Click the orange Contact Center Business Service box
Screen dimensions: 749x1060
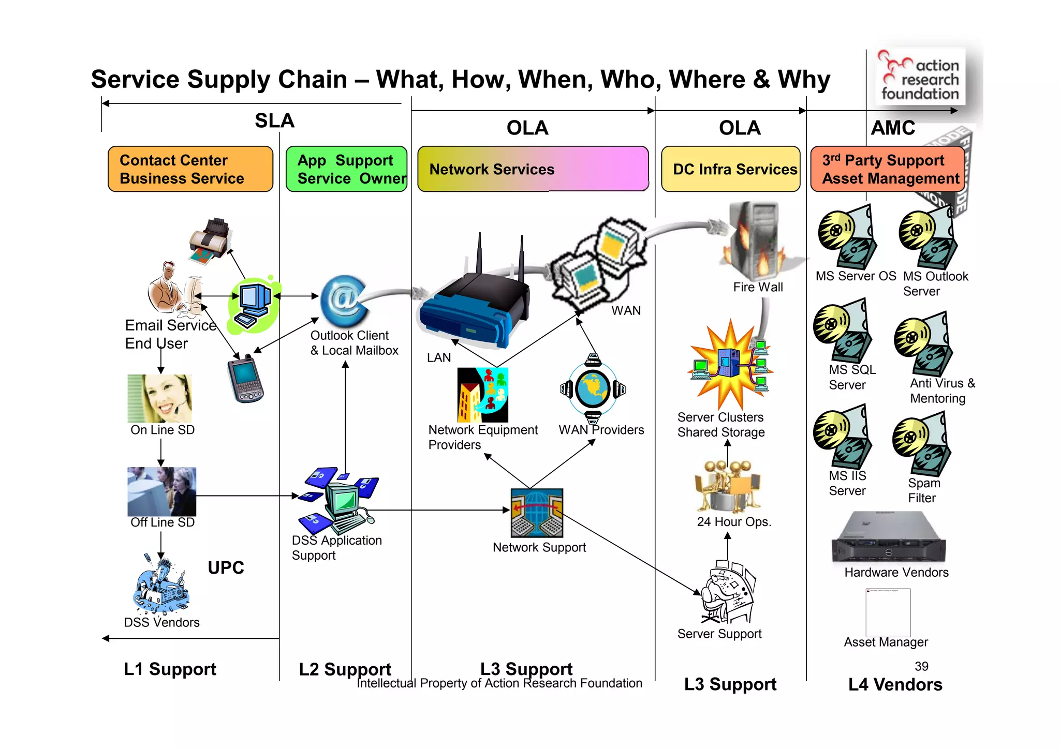pyautogui.click(x=190, y=169)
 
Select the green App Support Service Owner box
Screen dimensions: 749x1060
pyautogui.click(x=346, y=169)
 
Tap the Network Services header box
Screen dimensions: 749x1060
pyautogui.click(x=533, y=169)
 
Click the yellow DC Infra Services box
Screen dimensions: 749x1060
pyautogui.click(x=730, y=169)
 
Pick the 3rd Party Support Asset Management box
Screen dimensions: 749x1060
pyautogui.click(x=887, y=169)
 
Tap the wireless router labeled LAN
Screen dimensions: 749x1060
pyautogui.click(x=474, y=305)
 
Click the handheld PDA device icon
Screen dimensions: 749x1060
pyautogui.click(x=245, y=379)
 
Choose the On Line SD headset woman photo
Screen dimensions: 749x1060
pyautogui.click(x=160, y=398)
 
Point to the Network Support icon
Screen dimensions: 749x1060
pyautogui.click(x=537, y=513)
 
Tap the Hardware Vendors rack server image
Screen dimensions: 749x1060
pyautogui.click(x=888, y=538)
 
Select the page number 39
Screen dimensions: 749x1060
pyautogui.click(x=921, y=666)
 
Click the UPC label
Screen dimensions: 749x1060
pyautogui.click(x=226, y=568)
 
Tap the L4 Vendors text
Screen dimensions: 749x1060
pyautogui.click(x=895, y=685)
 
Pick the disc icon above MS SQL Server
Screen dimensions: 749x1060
pyautogui.click(x=842, y=331)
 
